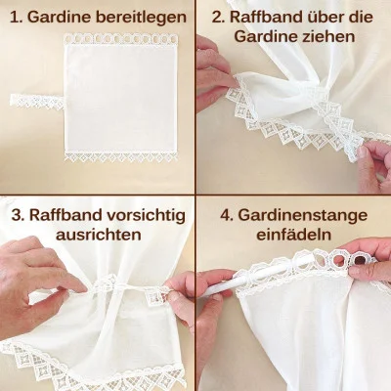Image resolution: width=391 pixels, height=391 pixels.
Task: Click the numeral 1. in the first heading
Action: coord(19,18)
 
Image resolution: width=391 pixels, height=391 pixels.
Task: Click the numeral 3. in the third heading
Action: coord(19,214)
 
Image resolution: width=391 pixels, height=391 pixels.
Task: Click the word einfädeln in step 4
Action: coord(293,237)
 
